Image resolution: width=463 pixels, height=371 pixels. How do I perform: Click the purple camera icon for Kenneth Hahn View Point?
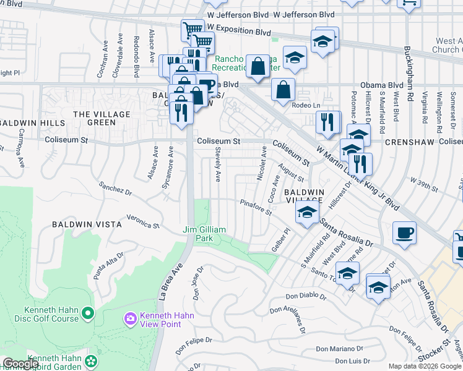130,318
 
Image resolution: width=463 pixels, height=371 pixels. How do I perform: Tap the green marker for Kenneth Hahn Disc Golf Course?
88,314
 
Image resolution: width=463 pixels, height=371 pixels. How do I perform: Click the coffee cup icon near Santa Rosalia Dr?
404,233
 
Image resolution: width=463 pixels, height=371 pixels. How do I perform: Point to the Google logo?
21,364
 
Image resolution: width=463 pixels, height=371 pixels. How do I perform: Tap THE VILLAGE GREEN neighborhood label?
102,118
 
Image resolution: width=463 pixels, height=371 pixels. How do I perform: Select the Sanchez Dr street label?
116,189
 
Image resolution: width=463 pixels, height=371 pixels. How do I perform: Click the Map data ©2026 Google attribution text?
425,365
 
